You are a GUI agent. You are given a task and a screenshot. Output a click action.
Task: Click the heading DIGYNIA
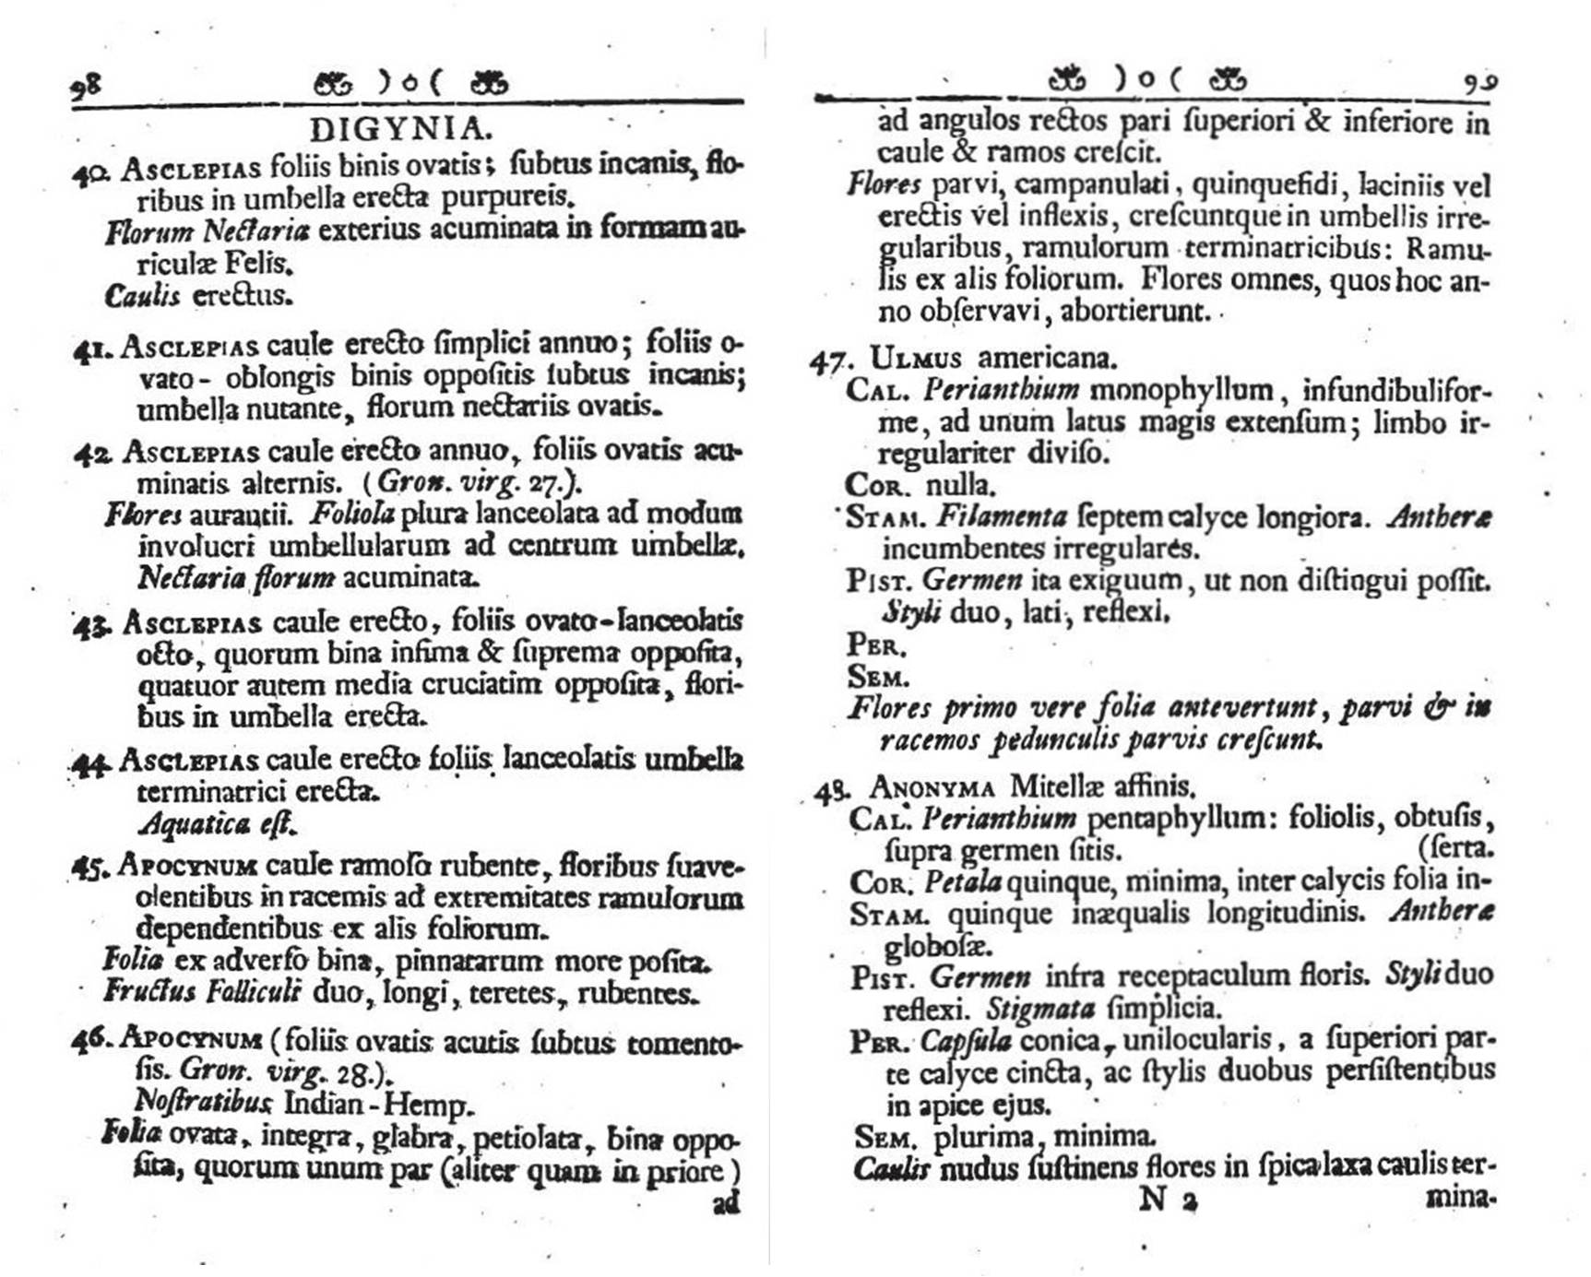[396, 128]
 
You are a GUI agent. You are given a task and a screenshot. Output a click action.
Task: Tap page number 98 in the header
[86, 88]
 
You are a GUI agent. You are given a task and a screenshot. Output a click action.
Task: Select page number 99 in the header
[1479, 83]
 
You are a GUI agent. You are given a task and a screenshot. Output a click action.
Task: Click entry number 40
[90, 172]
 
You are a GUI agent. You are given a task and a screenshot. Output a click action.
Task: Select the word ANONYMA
[932, 788]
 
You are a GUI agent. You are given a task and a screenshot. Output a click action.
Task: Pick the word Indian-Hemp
[378, 1104]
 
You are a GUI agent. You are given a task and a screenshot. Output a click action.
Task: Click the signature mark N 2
[1169, 1200]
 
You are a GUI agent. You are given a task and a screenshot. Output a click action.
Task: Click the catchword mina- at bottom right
[1460, 1198]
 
